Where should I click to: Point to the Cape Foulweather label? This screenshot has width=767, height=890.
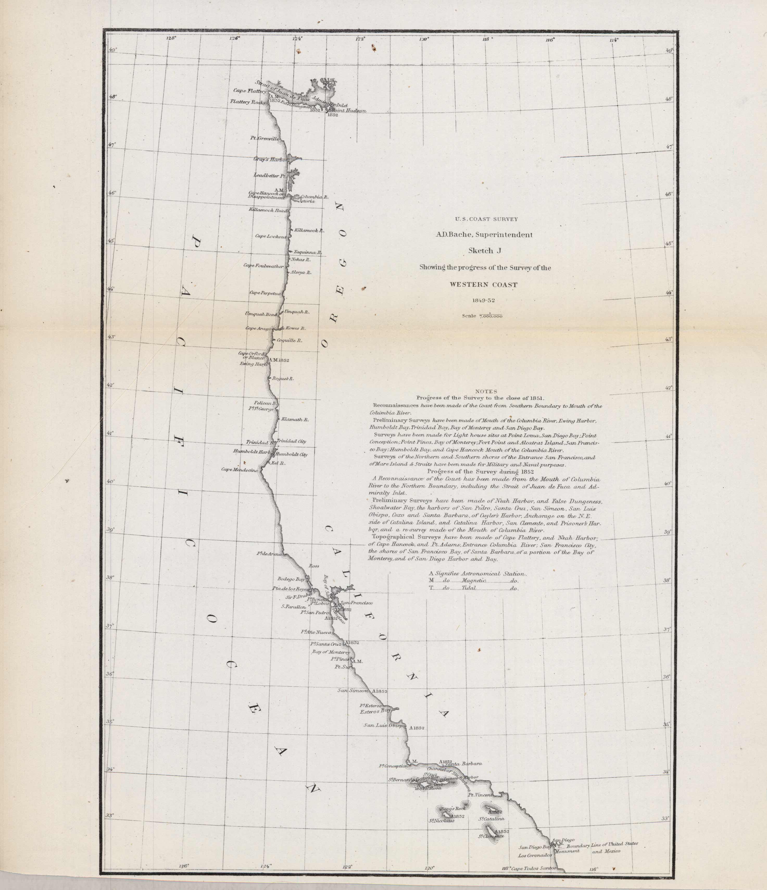coord(263,266)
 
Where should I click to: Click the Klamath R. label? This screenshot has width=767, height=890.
coord(295,419)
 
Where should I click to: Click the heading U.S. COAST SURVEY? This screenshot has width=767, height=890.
coord(486,219)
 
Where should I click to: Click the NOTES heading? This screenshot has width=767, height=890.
coord(486,391)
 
